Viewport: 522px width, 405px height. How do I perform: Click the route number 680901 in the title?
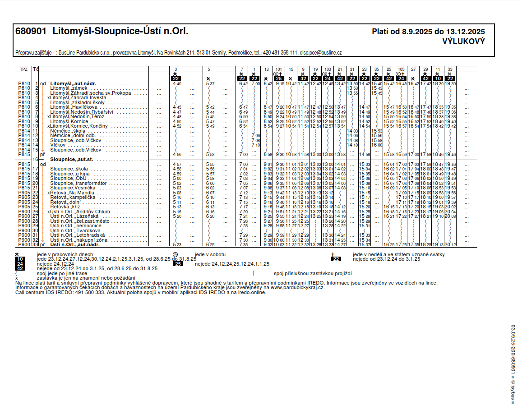click(x=31, y=32)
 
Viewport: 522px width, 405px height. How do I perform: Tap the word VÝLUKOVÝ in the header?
click(x=464, y=41)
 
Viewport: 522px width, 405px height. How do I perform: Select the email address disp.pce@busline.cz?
click(x=321, y=53)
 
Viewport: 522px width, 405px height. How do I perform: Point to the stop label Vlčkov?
click(x=57, y=145)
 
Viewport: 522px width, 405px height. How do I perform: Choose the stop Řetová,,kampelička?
click(x=72, y=197)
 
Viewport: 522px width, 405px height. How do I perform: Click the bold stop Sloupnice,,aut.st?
click(x=72, y=160)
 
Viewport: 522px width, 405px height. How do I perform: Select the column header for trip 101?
click(x=278, y=69)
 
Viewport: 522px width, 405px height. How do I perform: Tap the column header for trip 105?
click(x=401, y=69)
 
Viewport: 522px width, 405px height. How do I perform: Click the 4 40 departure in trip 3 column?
click(x=177, y=84)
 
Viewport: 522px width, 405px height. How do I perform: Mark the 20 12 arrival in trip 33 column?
click(x=450, y=244)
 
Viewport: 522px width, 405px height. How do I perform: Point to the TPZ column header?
click(x=23, y=69)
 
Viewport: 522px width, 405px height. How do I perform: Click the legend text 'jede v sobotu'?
click(x=210, y=254)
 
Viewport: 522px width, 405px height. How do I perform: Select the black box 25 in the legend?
click(x=178, y=264)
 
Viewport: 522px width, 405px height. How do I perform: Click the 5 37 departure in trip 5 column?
click(x=209, y=84)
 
